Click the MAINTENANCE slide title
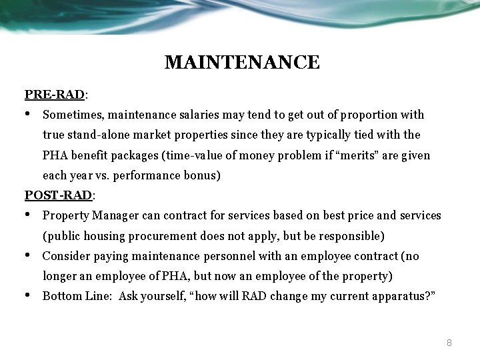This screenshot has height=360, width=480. coord(242,63)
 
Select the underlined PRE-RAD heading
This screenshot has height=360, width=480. coord(55,94)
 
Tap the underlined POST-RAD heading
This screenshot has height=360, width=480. coord(59,195)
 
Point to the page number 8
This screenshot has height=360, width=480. coord(449,343)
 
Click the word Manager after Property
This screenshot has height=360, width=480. coord(116,215)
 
